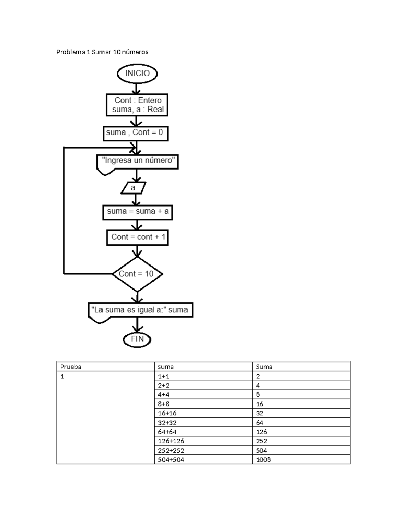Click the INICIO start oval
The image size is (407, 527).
(x=137, y=74)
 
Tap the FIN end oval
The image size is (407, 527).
(x=137, y=339)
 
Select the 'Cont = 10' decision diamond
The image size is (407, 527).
(x=137, y=274)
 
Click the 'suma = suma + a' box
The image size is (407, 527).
(x=137, y=212)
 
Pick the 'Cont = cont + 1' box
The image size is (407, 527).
(x=137, y=237)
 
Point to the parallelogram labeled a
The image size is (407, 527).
(x=133, y=188)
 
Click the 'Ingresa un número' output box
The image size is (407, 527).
(x=137, y=161)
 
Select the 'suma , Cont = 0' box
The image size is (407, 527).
(x=135, y=133)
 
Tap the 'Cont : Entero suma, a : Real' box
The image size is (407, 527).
(x=137, y=105)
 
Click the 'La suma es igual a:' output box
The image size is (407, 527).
(x=140, y=310)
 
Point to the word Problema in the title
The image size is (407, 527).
(x=71, y=52)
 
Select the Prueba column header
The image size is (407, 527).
(x=105, y=366)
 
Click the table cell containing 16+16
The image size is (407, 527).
(x=203, y=413)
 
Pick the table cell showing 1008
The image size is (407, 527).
(x=301, y=459)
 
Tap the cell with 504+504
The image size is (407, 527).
(x=203, y=459)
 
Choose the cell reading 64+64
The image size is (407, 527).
(x=203, y=432)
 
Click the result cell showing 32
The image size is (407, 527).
(x=301, y=413)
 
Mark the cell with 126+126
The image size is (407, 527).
(x=203, y=441)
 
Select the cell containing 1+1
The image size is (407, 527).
(x=203, y=376)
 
